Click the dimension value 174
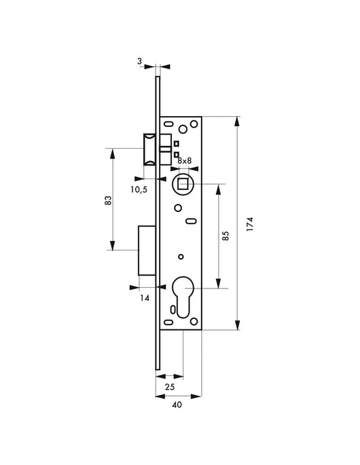click(251, 224)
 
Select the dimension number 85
click(226, 236)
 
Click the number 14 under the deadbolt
click(144, 297)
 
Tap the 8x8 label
click(184, 161)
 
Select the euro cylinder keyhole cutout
click(182, 295)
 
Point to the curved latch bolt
click(148, 149)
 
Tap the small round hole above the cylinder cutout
click(181, 256)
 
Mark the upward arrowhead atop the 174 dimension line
click(236, 122)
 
